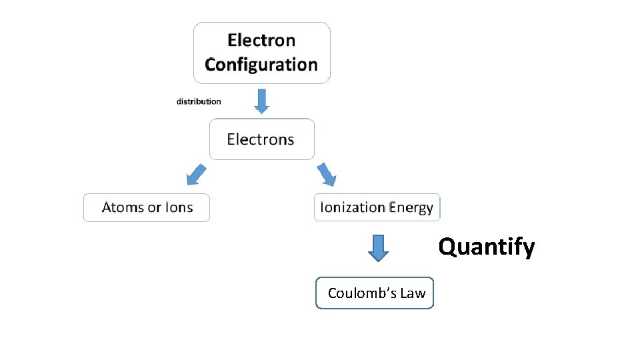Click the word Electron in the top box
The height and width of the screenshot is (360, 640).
coord(261,40)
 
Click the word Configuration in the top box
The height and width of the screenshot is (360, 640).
coord(261,65)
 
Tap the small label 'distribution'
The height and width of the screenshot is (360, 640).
coord(199,101)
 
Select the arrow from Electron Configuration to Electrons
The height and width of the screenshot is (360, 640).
coord(261,101)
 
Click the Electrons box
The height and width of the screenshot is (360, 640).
coord(261,139)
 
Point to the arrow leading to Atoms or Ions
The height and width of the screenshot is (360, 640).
coord(195,175)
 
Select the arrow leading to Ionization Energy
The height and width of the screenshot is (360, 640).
coord(327,174)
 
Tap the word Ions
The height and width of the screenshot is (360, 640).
coord(179,207)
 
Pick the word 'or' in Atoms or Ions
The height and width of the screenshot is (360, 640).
coord(155,208)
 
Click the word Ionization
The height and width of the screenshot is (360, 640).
coord(353,207)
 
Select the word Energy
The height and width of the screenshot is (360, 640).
coord(411,208)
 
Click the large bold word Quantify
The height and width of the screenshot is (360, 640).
coord(486,247)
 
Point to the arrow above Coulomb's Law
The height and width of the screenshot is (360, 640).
coord(379,247)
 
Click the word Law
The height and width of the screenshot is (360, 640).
coord(413,293)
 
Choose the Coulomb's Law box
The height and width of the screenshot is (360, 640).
coord(375,293)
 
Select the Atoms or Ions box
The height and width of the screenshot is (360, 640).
coord(147,207)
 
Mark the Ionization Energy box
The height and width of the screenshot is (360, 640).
coord(377,207)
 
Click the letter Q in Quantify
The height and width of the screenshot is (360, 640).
coord(447,247)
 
